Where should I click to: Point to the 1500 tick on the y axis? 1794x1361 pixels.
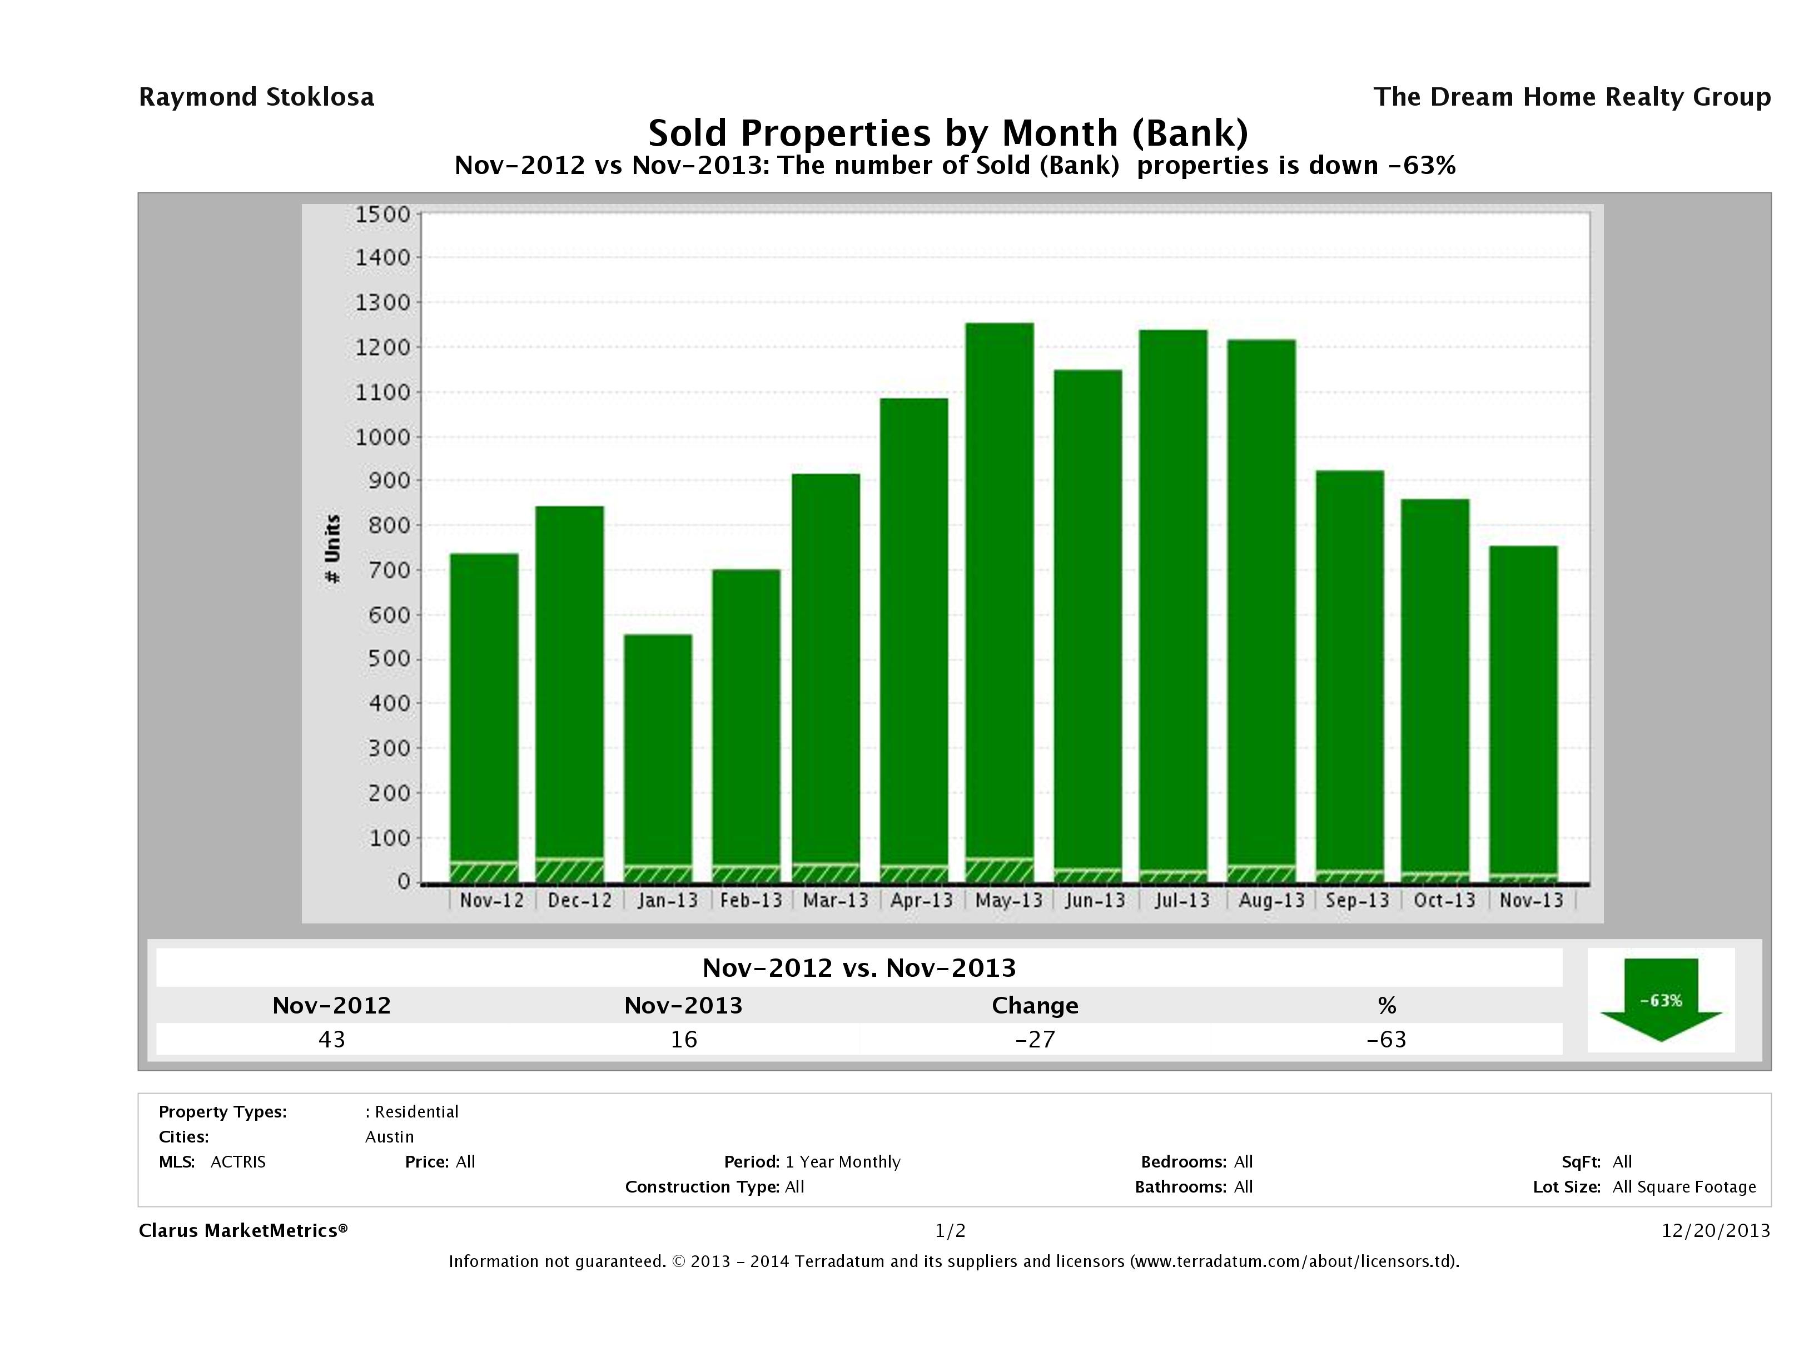pos(383,214)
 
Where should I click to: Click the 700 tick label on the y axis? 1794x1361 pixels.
pos(383,570)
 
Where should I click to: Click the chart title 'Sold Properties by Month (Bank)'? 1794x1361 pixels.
pos(947,132)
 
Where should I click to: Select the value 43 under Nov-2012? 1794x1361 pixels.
pos(332,1040)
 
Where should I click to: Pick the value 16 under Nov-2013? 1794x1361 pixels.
pos(684,1040)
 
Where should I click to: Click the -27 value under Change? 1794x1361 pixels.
pos(1035,1040)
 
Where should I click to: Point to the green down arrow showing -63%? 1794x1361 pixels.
pos(1660,1001)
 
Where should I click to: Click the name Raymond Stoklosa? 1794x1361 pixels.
pos(256,97)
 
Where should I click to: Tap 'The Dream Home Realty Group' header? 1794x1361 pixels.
pos(1572,97)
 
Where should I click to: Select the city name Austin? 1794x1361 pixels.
pos(389,1137)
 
